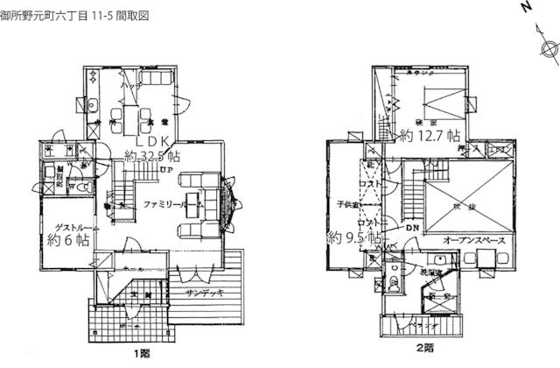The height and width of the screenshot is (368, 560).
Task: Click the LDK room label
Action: tap(153, 141)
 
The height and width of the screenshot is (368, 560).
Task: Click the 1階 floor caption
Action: tap(142, 354)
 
